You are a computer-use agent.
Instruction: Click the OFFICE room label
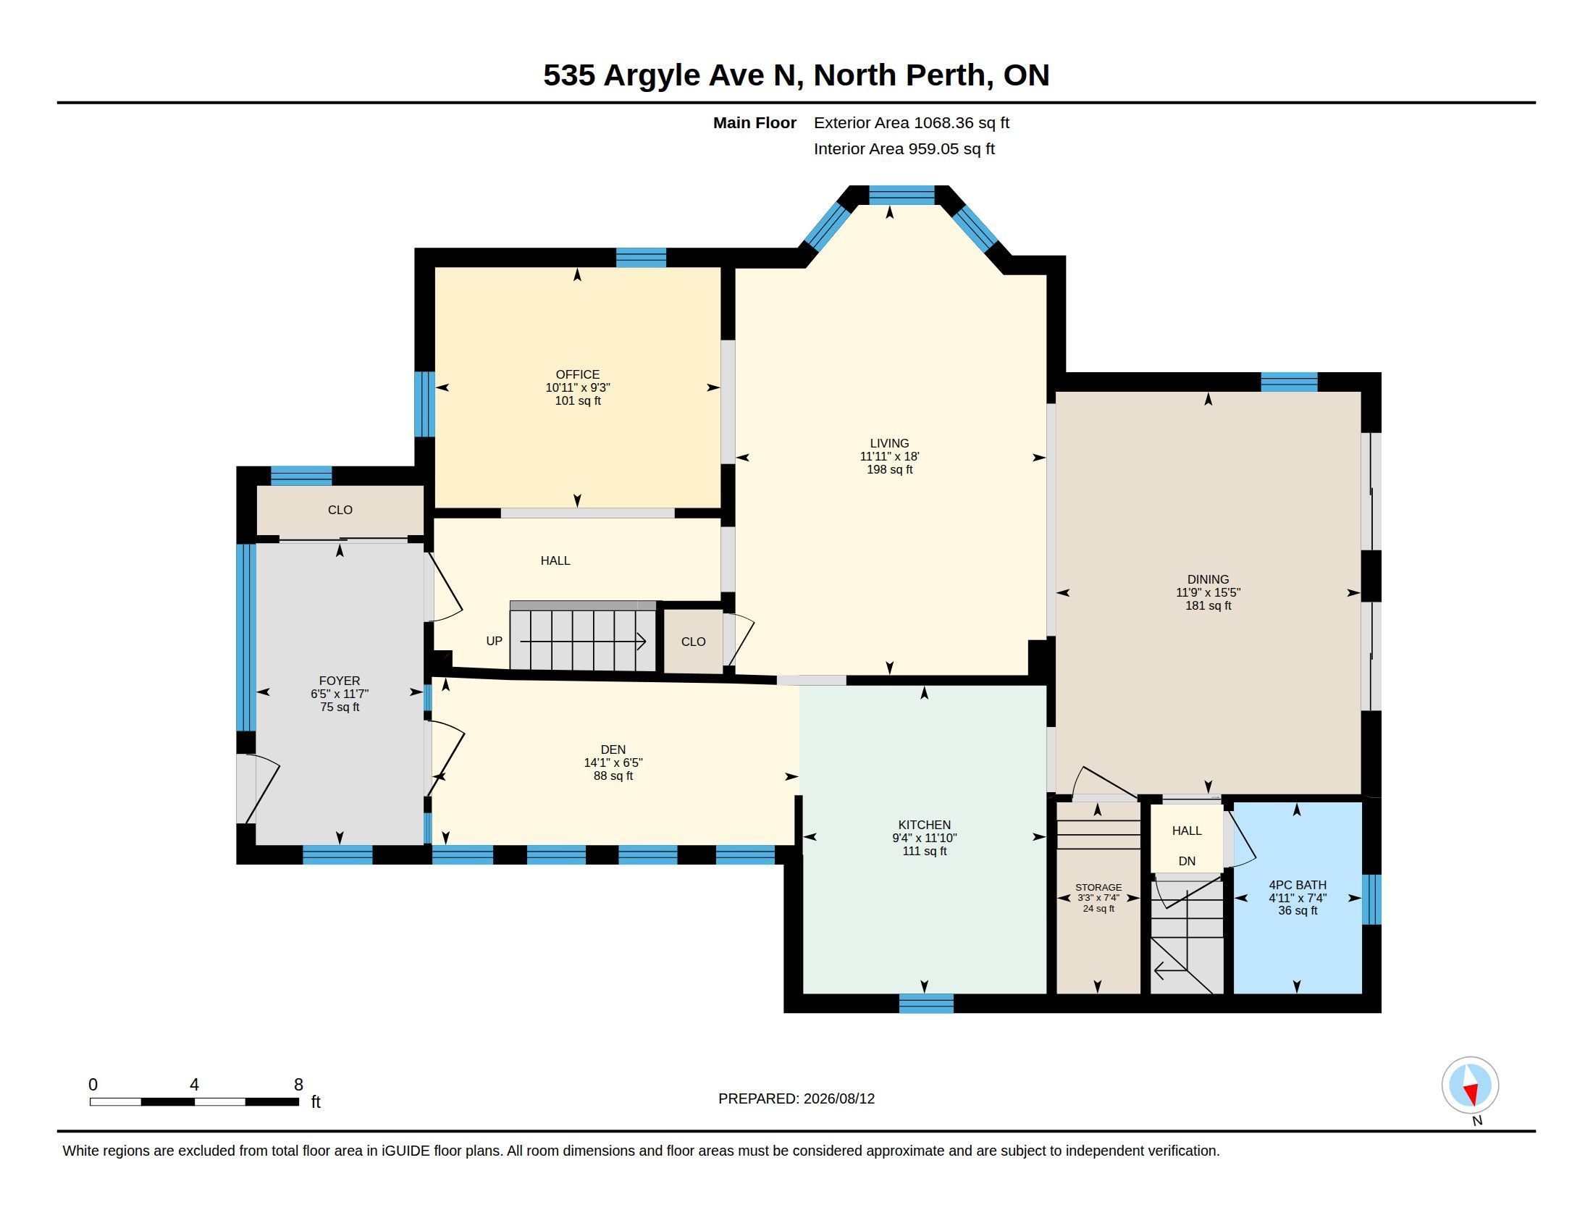point(577,375)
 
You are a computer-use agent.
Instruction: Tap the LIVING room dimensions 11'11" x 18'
point(889,456)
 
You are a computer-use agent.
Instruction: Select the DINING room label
point(1208,580)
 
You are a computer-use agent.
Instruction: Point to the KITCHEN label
point(924,825)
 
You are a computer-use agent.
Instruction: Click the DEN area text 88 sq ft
point(613,776)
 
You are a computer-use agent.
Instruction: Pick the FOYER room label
point(339,681)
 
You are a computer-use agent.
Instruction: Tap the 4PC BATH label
point(1298,885)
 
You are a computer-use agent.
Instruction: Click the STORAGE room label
point(1098,888)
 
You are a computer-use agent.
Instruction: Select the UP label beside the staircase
point(494,641)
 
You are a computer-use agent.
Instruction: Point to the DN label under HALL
point(1187,861)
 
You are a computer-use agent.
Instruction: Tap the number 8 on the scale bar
point(298,1085)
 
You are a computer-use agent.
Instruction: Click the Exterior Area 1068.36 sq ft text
point(911,122)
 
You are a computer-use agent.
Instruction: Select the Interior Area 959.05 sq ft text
point(904,148)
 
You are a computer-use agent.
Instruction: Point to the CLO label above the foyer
point(340,511)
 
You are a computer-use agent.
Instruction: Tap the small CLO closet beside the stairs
point(693,642)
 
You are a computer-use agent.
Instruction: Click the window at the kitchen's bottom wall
point(925,1004)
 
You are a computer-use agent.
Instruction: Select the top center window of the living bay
point(901,195)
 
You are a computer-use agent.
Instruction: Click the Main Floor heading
point(755,122)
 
